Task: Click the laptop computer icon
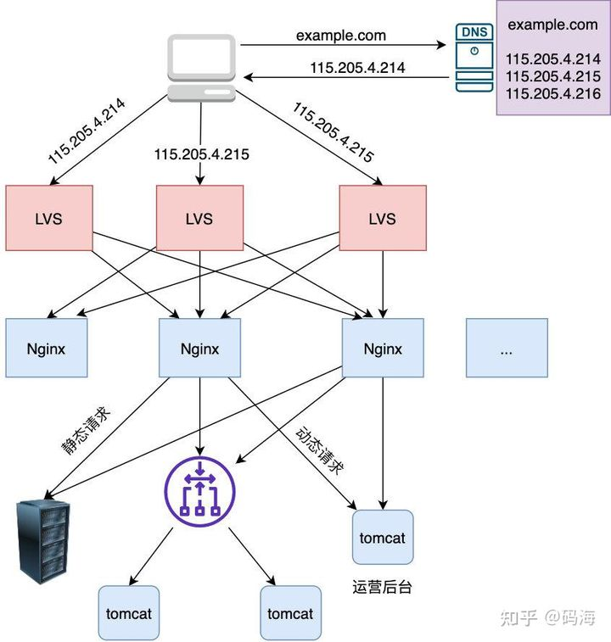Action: tap(200, 67)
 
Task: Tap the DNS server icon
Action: tap(474, 58)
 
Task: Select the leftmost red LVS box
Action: tap(48, 218)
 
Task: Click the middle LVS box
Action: tap(199, 218)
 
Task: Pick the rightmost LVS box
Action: tap(382, 218)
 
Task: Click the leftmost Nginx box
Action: tap(47, 348)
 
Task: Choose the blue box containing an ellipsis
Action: tap(507, 348)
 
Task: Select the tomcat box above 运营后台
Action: tap(383, 538)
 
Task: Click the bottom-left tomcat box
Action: tap(129, 613)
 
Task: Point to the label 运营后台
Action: tap(382, 587)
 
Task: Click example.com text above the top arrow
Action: tap(340, 36)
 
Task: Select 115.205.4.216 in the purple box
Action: tap(552, 93)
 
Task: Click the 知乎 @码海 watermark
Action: tap(547, 617)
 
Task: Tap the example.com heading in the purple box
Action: tap(552, 25)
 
